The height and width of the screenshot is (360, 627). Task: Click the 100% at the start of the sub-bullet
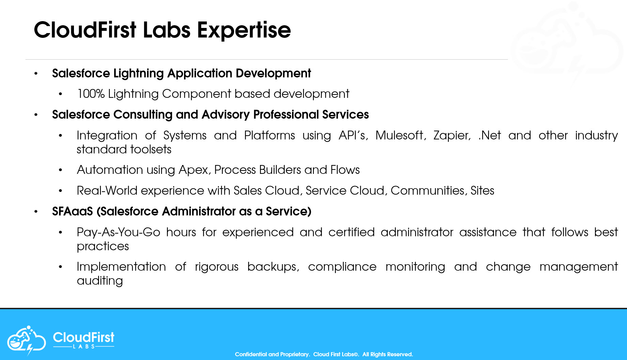pyautogui.click(x=91, y=94)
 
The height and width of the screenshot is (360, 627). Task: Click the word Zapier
pyautogui.click(x=452, y=135)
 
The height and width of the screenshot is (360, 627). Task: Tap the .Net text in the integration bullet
pyautogui.click(x=490, y=135)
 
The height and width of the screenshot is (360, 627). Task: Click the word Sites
pyautogui.click(x=482, y=191)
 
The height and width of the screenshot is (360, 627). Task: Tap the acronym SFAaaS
pyautogui.click(x=72, y=211)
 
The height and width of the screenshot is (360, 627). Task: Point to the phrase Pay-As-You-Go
pyautogui.click(x=118, y=232)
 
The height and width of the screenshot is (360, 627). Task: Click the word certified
pyautogui.click(x=351, y=232)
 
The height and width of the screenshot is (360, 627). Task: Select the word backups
pyautogui.click(x=273, y=267)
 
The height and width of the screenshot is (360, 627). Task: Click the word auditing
pyautogui.click(x=100, y=281)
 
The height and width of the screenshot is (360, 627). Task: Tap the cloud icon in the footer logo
pyautogui.click(x=26, y=340)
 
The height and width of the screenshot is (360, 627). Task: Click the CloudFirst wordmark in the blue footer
pyautogui.click(x=83, y=337)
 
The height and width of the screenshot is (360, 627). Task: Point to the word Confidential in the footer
pyautogui.click(x=251, y=354)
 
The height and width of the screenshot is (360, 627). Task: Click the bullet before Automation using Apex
pyautogui.click(x=60, y=170)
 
